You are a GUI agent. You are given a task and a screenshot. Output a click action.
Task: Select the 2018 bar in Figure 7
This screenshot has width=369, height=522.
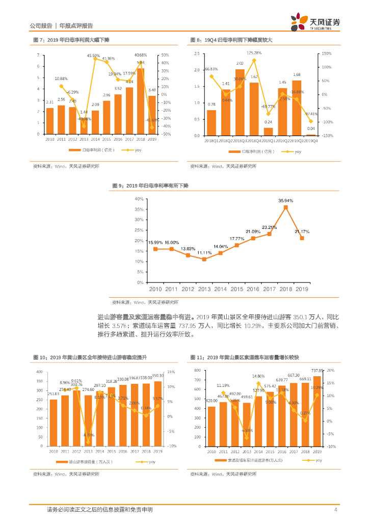(140, 101)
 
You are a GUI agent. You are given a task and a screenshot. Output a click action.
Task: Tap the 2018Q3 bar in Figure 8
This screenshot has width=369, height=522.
(240, 102)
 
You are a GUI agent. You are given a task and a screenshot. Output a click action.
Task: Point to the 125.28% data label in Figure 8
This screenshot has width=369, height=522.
(254, 53)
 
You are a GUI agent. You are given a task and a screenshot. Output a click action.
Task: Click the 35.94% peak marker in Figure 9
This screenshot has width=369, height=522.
(286, 207)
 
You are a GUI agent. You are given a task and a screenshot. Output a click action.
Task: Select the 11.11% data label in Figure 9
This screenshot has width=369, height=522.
(204, 253)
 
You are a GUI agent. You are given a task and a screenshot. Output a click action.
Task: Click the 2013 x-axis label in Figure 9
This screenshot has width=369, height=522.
(204, 289)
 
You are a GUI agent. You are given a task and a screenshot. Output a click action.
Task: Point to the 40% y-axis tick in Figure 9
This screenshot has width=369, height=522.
(139, 199)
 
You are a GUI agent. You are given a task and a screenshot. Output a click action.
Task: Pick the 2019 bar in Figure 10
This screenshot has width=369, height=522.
(158, 413)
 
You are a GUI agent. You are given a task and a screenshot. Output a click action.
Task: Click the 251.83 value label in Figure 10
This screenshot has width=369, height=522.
(54, 394)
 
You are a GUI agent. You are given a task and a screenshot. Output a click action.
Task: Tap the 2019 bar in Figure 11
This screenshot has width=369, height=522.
(317, 411)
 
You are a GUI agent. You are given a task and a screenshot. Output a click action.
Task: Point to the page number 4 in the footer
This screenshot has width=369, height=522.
(335, 510)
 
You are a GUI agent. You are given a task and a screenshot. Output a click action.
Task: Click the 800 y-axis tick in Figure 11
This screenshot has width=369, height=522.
(198, 371)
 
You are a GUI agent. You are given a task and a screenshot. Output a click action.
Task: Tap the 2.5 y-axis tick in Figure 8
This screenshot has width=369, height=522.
(196, 54)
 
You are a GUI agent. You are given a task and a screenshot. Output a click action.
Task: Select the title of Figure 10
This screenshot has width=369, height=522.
(90, 357)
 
